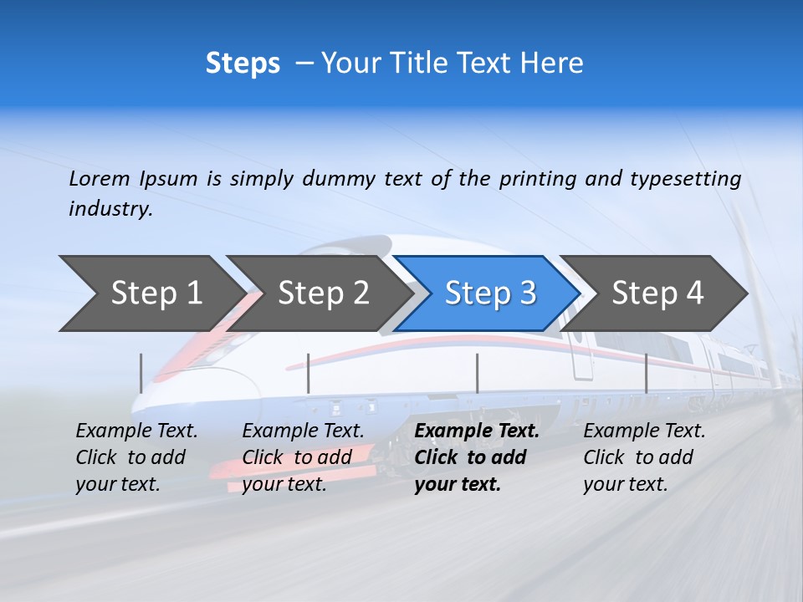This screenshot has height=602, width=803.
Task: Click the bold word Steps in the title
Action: click(243, 64)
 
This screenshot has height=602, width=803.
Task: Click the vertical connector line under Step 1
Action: click(141, 373)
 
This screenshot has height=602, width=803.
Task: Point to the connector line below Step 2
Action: click(309, 373)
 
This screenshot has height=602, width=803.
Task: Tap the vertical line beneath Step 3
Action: click(478, 373)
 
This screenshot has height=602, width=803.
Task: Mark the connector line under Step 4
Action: click(647, 373)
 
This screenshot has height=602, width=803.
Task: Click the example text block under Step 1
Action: click(136, 457)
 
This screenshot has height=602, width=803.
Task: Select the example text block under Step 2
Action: click(303, 457)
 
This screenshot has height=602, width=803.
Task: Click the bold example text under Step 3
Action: click(476, 457)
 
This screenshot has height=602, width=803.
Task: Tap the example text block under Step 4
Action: click(644, 457)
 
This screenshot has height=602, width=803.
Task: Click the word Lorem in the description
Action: click(100, 178)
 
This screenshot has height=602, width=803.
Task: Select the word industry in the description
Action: click(110, 209)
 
